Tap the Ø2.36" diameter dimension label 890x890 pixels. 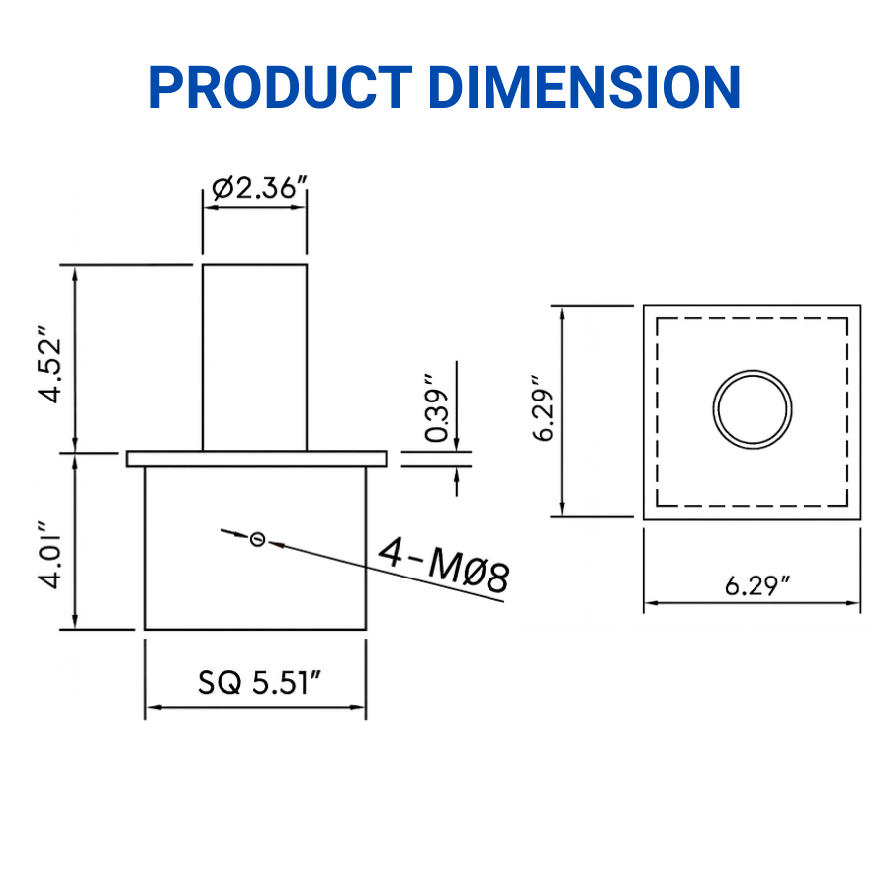point(255,188)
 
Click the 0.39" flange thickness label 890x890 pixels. point(435,407)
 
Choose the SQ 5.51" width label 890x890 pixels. point(260,682)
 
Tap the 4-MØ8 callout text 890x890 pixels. point(445,572)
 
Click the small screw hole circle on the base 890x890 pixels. point(258,539)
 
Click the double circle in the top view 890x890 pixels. point(754,408)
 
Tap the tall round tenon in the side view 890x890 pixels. point(254,356)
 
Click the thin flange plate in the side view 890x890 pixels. point(255,458)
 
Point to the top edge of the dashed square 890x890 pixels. point(752,318)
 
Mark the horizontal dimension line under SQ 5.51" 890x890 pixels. point(255,708)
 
